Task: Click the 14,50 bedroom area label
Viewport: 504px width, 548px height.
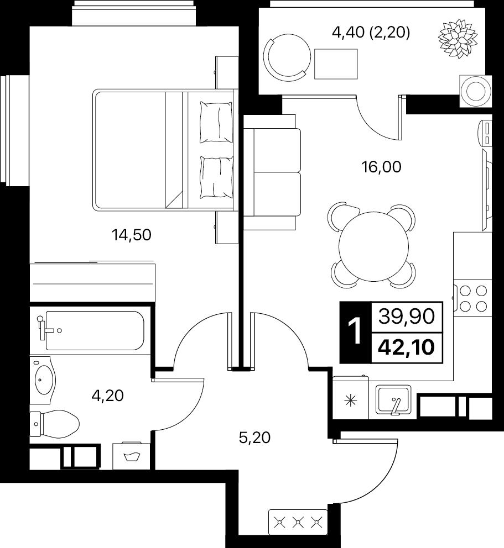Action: click(x=132, y=235)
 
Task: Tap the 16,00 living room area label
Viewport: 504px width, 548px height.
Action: click(x=382, y=167)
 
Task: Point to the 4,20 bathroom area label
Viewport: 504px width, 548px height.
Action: click(x=108, y=396)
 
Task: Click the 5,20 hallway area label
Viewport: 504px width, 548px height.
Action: click(x=255, y=438)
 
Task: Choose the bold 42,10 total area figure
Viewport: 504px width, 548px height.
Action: click(x=407, y=347)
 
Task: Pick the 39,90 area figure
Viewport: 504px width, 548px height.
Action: click(x=407, y=317)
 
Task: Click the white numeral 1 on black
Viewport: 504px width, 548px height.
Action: click(x=356, y=333)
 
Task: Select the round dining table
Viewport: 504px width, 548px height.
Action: click(x=374, y=246)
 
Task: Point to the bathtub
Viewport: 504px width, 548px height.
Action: click(x=95, y=330)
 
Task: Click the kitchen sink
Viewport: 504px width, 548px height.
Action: click(x=393, y=399)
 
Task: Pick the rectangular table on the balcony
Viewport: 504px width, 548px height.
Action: click(x=336, y=64)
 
